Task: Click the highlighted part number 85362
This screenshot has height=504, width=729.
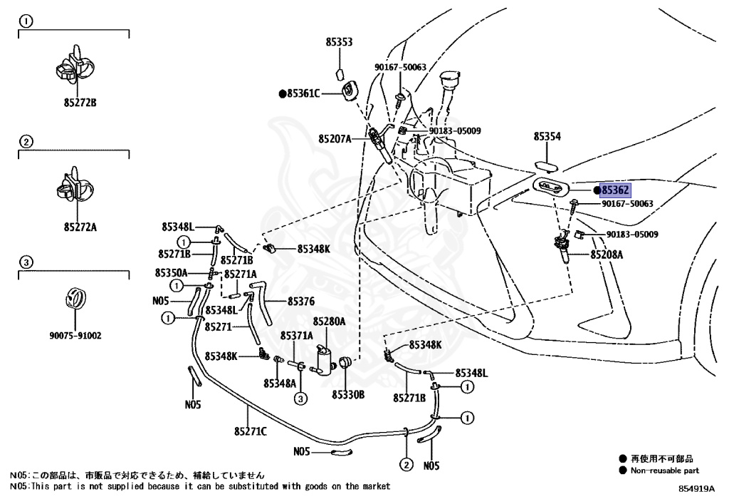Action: (615, 190)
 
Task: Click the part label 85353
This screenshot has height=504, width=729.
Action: (339, 43)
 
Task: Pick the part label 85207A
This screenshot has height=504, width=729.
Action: (335, 139)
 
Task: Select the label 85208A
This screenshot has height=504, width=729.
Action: (605, 254)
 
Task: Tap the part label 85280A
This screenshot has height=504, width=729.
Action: (328, 322)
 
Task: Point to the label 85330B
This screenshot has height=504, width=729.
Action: (347, 394)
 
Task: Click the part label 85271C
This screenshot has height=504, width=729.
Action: (249, 430)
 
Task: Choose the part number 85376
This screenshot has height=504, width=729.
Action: (301, 302)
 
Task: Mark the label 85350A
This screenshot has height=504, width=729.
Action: (171, 273)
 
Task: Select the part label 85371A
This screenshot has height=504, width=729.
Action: (296, 336)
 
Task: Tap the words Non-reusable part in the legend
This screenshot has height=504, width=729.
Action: (664, 470)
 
